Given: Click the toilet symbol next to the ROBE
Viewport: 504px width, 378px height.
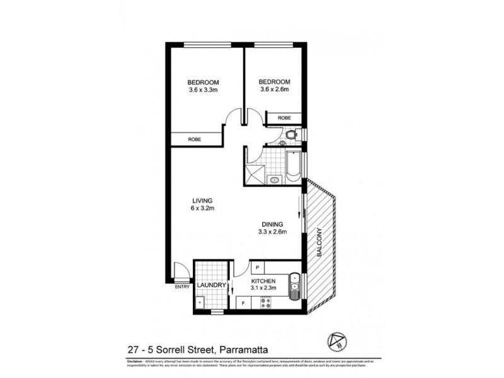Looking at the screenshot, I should coord(291,134).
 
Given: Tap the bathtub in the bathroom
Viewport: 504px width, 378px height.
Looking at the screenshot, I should coord(294,167).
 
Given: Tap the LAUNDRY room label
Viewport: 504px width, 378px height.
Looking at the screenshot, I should coord(211,285).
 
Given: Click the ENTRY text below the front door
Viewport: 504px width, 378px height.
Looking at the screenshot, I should coord(181,288).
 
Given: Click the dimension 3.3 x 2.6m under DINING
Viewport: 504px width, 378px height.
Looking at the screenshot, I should coord(273,232).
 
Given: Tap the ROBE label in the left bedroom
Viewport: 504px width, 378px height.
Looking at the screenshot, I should coord(194,139).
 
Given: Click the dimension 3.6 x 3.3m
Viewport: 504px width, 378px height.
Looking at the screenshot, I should coord(203,90).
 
